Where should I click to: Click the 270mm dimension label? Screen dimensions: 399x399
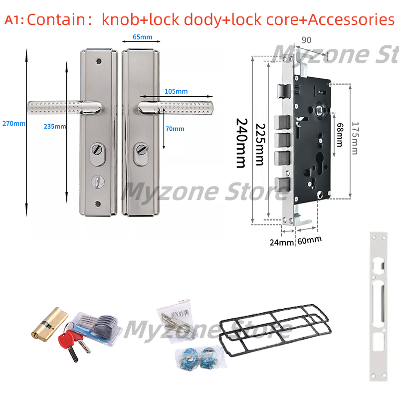tap(13, 124)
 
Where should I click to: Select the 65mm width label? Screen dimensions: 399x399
tap(142, 37)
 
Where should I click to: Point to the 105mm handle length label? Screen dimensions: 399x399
tap(176, 91)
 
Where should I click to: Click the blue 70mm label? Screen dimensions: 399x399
tap(175, 129)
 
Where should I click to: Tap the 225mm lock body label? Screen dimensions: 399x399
tap(259, 144)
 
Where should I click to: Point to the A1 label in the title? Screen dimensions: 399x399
tap(13, 20)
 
